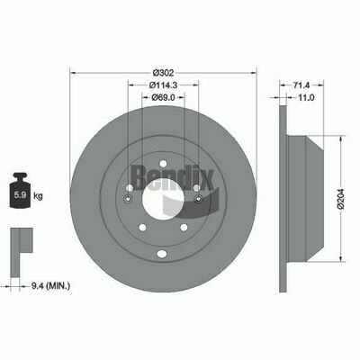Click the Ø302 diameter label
[x=163, y=73]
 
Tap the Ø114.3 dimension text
[x=163, y=85]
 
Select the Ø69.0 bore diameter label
[x=163, y=97]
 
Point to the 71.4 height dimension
[x=301, y=85]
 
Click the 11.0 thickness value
[x=306, y=97]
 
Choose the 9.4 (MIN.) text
[x=51, y=286]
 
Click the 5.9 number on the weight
[x=21, y=195]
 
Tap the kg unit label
[x=38, y=196]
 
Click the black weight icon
[x=20, y=190]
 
